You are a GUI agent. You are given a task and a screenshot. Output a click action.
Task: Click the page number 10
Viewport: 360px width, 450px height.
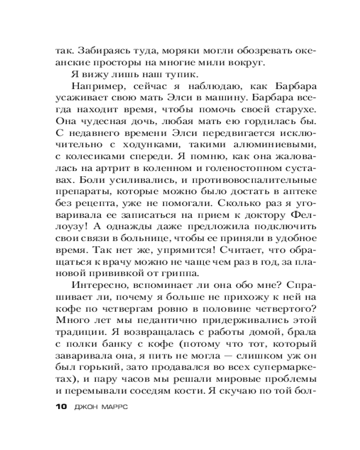[60, 408]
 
